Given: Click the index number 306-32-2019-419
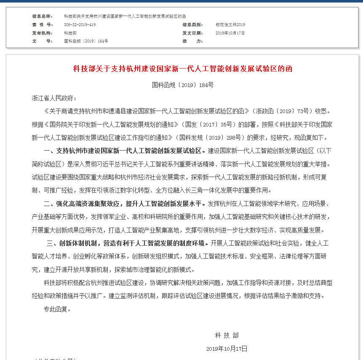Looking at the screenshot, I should click(80, 25).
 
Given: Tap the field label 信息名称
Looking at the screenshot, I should click(42, 16).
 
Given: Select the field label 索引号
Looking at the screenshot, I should click(42, 25).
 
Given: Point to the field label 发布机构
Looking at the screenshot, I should click(42, 33).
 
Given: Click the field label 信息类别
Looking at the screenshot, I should click(192, 25).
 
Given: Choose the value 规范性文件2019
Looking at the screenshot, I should click(230, 25).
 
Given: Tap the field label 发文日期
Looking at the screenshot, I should click(192, 33).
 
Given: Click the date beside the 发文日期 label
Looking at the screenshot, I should click(230, 33).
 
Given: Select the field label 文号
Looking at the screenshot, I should click(42, 41).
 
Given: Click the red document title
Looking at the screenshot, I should click(183, 69).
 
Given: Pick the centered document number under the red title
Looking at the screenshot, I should click(183, 85).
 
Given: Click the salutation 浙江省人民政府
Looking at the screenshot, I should click(54, 98).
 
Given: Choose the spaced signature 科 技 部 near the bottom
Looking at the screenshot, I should click(227, 335).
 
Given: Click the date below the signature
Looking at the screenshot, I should click(227, 349).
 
